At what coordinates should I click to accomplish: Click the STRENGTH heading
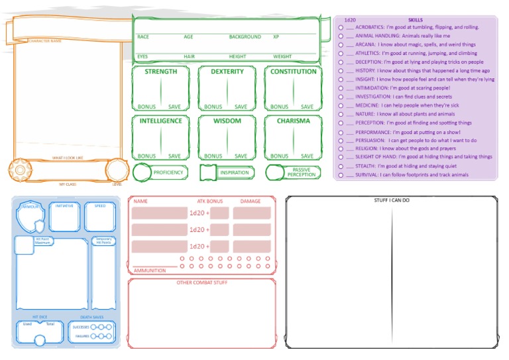pos(160,72)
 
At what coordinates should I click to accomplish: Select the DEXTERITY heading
pos(227,72)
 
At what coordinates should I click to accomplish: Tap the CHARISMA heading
pos(293,121)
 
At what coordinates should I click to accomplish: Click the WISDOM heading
pos(227,121)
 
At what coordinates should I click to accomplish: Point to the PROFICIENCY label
pos(168,172)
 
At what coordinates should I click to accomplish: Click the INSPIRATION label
pos(235,172)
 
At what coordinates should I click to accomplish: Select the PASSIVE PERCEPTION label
pos(302,172)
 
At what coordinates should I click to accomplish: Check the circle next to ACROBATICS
pos(341,28)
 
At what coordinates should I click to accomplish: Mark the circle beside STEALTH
pos(341,166)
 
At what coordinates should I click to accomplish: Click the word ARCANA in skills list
pos(365,45)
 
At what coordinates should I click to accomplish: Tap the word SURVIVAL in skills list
pos(367,175)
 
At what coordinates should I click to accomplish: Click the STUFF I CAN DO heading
pos(392,200)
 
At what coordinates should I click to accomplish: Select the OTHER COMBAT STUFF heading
pos(201,283)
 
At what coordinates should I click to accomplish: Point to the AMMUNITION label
pos(150,270)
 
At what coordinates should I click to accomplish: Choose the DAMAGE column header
pos(251,201)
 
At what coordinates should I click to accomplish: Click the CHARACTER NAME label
pos(45,41)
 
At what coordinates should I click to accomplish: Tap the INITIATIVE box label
pos(64,206)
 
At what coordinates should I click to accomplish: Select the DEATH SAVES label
pos(101,318)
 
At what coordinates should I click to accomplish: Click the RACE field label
pos(143,37)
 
